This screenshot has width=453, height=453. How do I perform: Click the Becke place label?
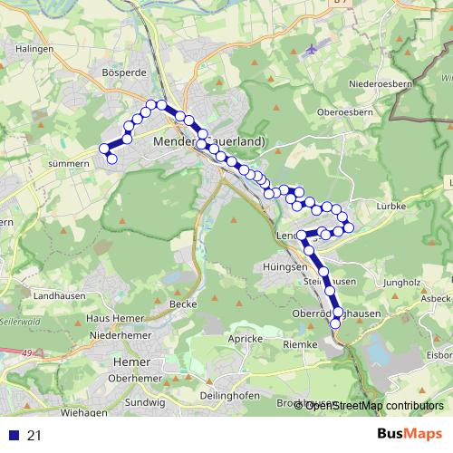tap(182, 304)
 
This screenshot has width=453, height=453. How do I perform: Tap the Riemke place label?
tap(300, 345)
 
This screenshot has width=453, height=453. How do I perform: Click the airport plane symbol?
tap(313, 48)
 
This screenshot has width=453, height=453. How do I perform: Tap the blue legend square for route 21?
tap(13, 436)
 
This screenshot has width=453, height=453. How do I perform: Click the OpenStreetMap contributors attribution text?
tap(373, 405)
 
